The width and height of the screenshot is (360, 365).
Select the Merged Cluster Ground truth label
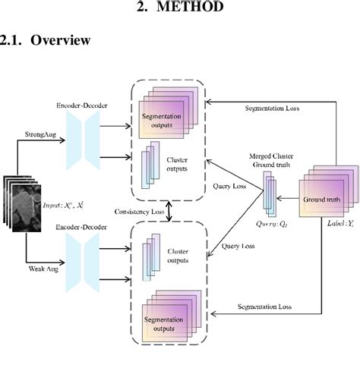[x=271, y=160]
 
